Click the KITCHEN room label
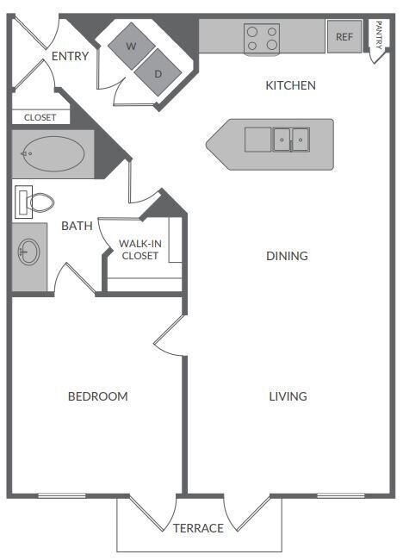(290, 85)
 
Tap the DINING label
(287, 256)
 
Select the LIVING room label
(288, 396)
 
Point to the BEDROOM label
(98, 396)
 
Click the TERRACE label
(198, 528)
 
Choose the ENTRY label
(70, 56)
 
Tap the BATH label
(77, 226)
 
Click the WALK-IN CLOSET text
(139, 249)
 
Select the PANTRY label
(378, 36)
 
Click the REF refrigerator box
(344, 37)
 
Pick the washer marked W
(131, 45)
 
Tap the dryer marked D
(158, 73)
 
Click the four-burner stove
(263, 37)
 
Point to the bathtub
(53, 156)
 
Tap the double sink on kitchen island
(290, 138)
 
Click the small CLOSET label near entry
(40, 117)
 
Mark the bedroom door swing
(170, 336)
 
